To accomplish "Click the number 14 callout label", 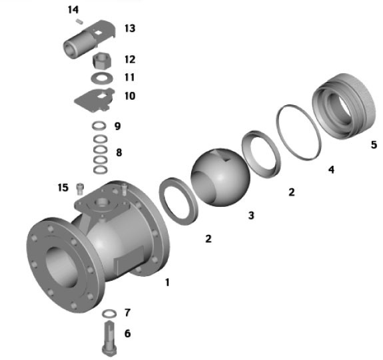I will click(73, 10).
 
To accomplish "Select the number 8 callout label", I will click(119, 152).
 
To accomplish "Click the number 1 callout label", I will click(167, 282).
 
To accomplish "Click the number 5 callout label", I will click(373, 144).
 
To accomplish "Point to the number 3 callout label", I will click(250, 216).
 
